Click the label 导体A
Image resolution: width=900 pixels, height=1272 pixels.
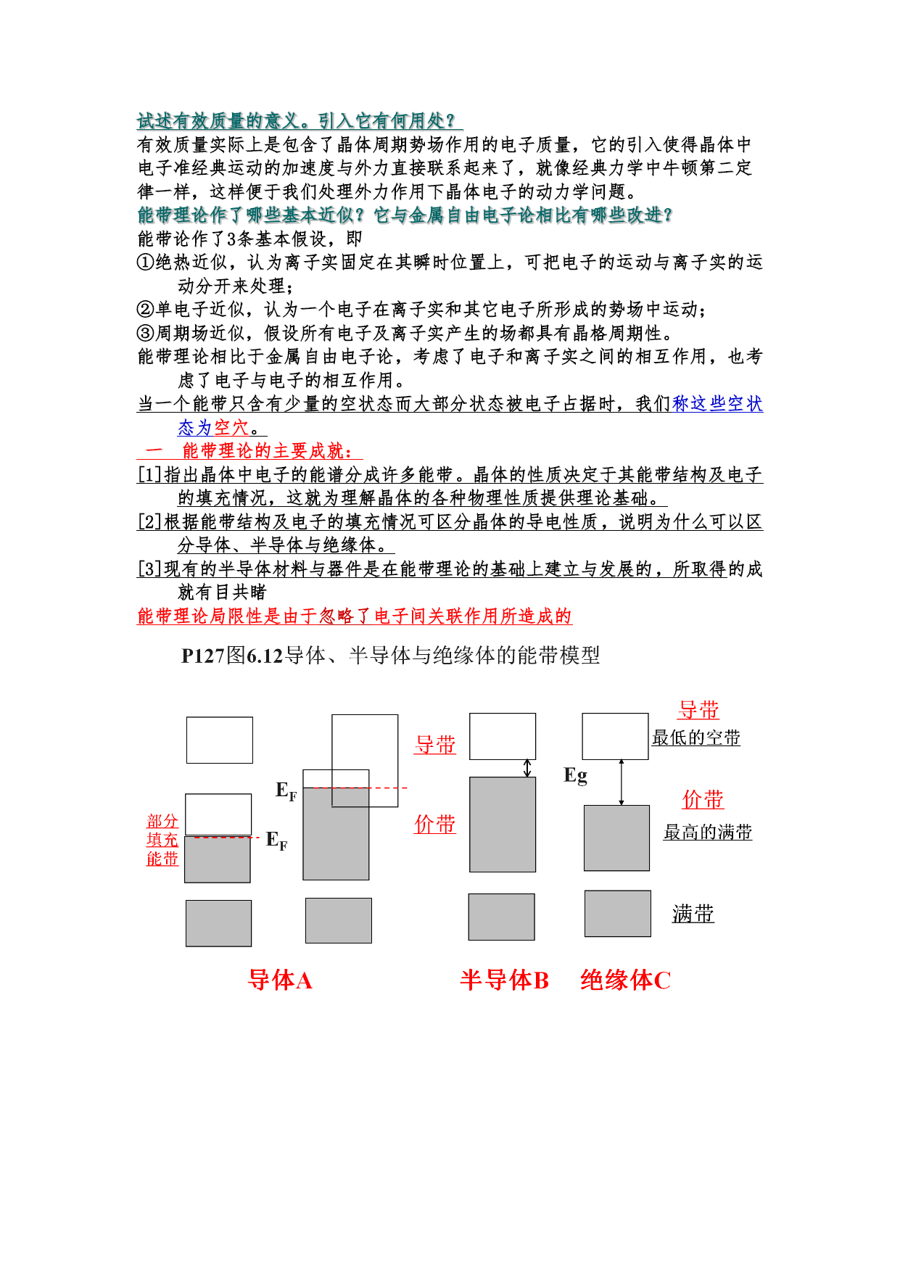point(280,980)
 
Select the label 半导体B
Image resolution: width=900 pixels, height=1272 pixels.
point(504,980)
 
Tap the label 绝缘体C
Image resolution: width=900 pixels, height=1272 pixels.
point(625,980)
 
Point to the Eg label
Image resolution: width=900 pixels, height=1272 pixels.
point(575,775)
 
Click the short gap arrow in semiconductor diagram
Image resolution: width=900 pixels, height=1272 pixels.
point(527,768)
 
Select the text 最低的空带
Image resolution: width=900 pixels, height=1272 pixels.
point(695,738)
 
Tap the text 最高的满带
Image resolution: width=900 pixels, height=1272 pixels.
point(707,832)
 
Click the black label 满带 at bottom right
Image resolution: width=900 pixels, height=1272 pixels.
point(693,914)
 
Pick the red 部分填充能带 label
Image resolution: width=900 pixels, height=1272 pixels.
point(162,840)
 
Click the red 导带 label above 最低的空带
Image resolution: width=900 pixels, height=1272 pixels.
point(698,710)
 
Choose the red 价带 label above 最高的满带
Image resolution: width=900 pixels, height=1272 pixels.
point(703,799)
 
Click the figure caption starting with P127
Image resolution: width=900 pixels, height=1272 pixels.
point(390,656)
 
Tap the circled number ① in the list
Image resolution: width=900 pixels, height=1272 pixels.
point(145,262)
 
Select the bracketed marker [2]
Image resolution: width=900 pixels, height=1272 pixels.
point(149,522)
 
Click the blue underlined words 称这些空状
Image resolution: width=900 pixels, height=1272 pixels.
point(717,404)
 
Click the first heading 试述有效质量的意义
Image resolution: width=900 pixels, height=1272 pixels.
point(297,120)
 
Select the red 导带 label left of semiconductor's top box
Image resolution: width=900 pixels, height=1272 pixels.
point(435,745)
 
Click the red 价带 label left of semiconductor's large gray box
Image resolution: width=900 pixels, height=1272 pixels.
point(435,824)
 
